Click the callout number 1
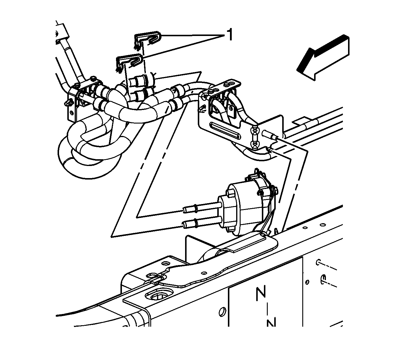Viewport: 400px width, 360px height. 230,34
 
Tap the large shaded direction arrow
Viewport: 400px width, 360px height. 323,57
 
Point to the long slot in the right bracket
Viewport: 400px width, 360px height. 225,131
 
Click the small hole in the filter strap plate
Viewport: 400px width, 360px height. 203,272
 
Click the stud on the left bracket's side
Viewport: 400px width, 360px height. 68,103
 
